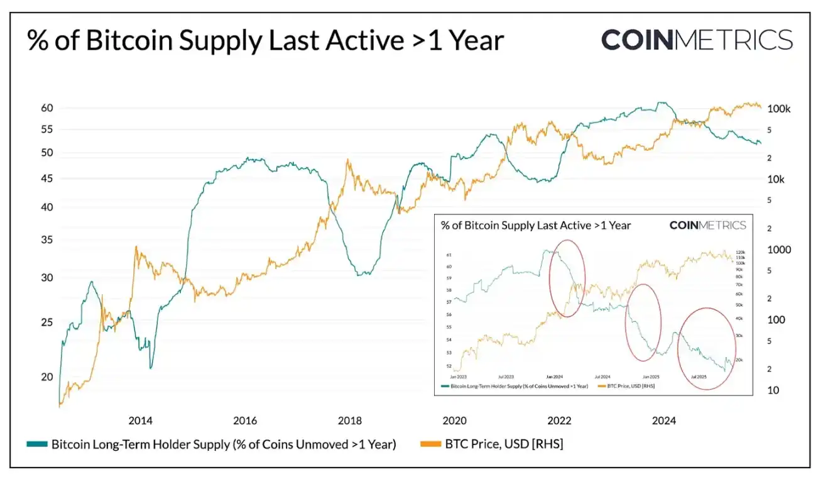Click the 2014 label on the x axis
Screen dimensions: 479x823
click(x=140, y=421)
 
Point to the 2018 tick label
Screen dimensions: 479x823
click(x=349, y=421)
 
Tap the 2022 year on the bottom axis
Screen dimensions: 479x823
click(x=559, y=421)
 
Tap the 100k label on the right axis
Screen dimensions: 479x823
click(x=779, y=109)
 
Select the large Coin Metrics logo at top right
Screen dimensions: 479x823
click(x=697, y=40)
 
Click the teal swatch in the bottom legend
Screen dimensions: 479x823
click(x=36, y=444)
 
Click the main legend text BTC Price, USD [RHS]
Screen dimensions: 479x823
click(x=504, y=444)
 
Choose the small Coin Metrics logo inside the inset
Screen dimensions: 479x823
click(x=707, y=225)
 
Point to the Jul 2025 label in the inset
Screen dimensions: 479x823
click(x=699, y=376)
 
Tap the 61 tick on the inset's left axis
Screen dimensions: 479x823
click(x=449, y=255)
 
